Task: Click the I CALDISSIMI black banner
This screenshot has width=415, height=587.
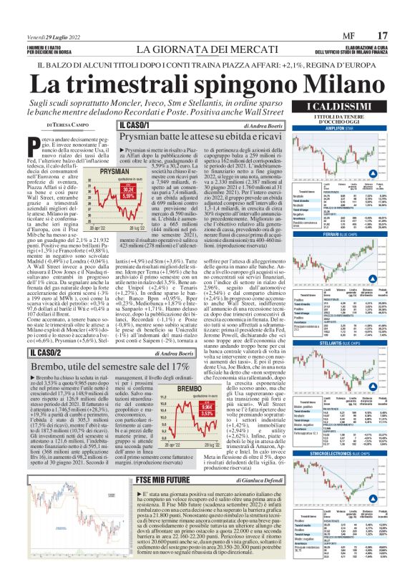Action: [348, 107]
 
